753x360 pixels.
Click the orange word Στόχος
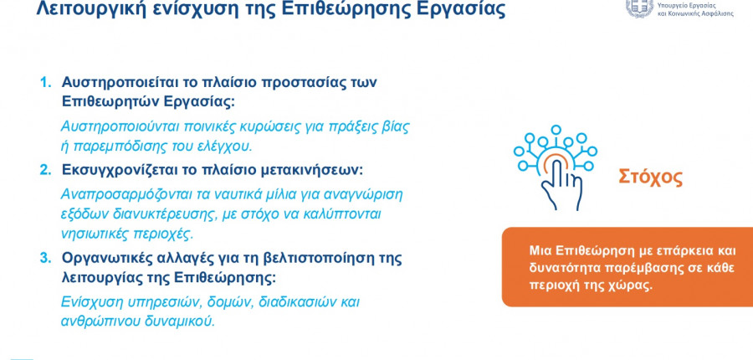650,177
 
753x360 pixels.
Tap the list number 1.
45,82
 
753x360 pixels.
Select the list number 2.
45,170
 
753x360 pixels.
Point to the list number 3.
45,258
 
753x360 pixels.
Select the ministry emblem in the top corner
639,8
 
